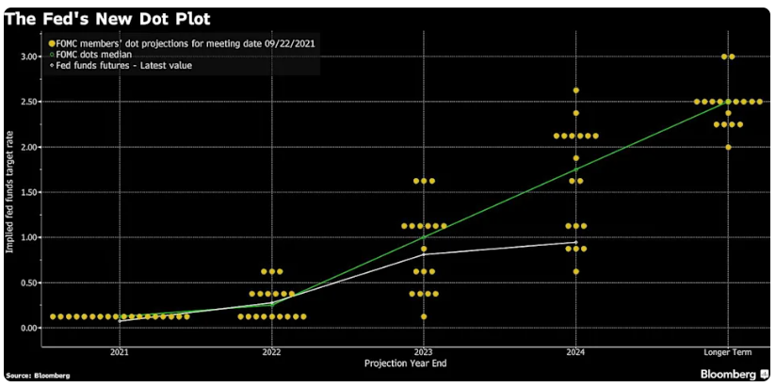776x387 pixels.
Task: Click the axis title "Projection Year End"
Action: [423, 362]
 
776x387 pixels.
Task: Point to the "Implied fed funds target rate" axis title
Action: [10, 192]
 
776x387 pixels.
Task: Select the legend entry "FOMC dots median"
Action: [91, 55]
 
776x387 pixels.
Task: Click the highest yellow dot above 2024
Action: [575, 90]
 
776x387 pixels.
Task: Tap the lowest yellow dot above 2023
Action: [424, 316]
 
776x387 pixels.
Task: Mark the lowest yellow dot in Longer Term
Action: [727, 147]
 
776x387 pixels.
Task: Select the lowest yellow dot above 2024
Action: [575, 271]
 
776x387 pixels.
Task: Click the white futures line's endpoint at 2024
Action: [575, 242]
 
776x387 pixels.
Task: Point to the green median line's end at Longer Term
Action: [727, 102]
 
